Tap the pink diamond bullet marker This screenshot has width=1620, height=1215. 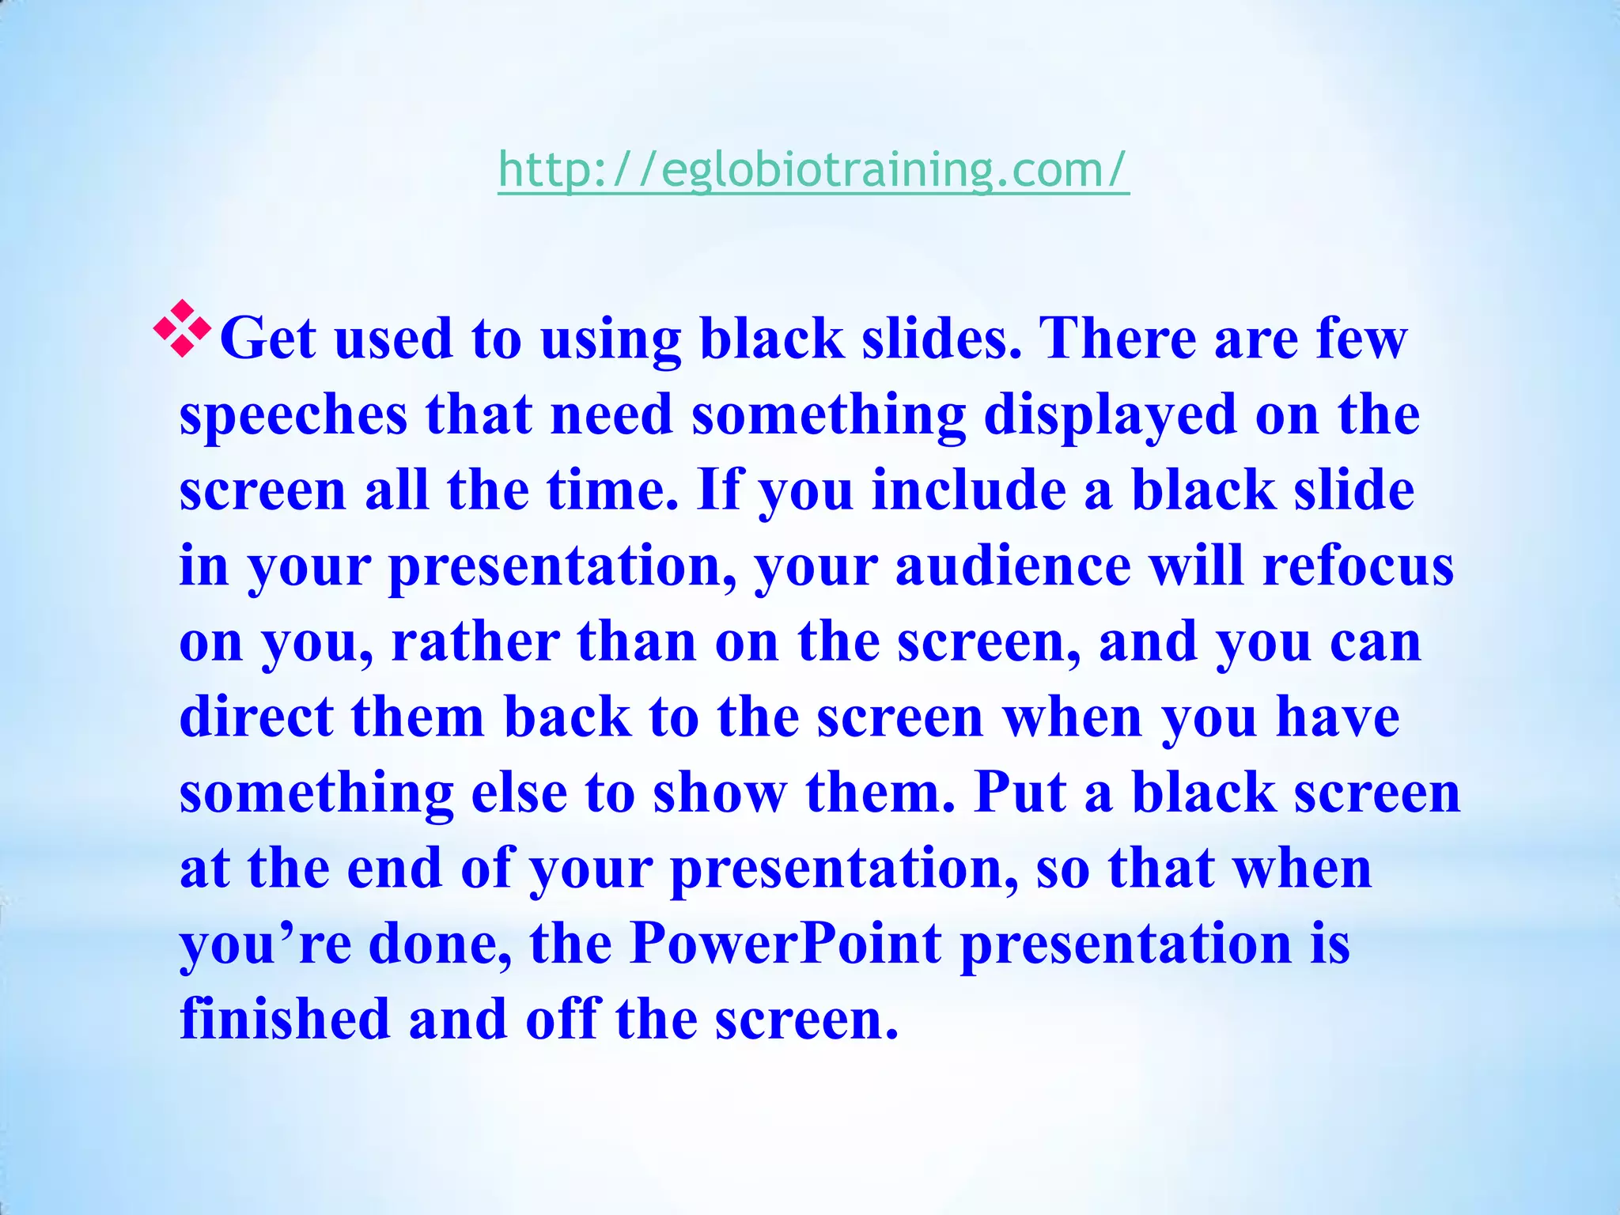tap(183, 328)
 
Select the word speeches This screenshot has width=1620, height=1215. tap(293, 416)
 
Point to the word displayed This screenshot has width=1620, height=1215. tap(1110, 416)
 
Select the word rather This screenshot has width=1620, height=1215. tap(475, 642)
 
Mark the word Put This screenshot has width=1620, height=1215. tap(1020, 793)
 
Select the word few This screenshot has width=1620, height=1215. tap(1361, 339)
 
